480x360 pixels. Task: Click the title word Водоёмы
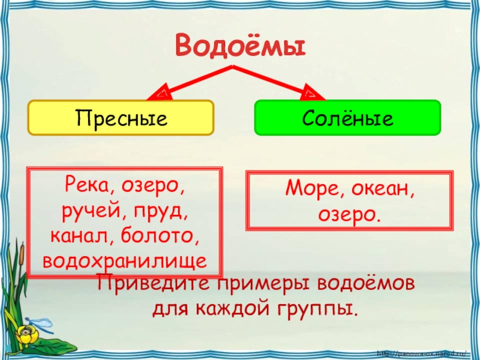240,45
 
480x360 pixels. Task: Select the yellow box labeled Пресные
121,117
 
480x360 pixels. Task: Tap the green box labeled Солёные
348,117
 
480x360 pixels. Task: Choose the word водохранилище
125,260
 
